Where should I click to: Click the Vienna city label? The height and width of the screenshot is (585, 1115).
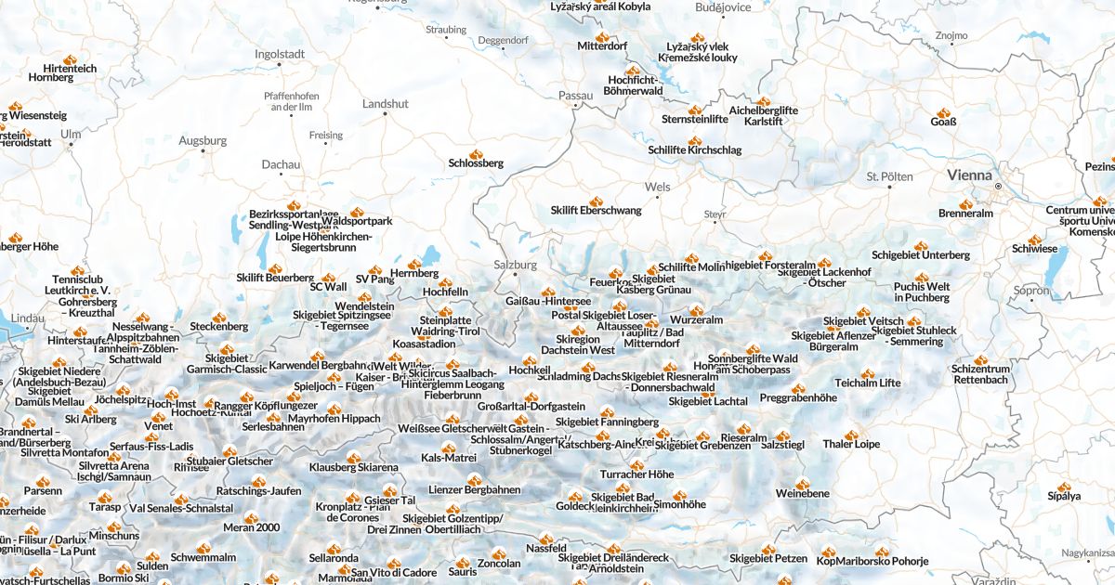click(969, 175)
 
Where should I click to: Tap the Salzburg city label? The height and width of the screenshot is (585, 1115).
click(515, 265)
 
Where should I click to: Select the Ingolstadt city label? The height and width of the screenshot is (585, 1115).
click(280, 54)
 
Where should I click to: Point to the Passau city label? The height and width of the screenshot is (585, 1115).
click(575, 95)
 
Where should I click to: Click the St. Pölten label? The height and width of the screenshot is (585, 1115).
click(889, 176)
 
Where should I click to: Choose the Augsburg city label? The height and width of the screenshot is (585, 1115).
click(203, 141)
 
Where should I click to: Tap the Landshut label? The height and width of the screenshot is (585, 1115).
click(385, 104)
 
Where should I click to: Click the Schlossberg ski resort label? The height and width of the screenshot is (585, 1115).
click(476, 163)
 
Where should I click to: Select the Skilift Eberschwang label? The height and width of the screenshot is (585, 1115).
click(596, 211)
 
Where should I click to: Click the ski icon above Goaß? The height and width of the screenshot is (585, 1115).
click(944, 110)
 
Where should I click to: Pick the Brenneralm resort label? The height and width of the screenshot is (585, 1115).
click(965, 214)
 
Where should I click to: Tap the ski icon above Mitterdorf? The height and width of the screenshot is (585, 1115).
click(602, 36)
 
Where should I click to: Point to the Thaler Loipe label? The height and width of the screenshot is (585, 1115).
click(850, 444)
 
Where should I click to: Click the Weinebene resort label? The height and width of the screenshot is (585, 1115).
click(803, 493)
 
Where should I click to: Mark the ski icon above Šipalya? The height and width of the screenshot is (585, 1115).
click(1064, 485)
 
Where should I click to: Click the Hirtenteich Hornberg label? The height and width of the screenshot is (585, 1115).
click(76, 72)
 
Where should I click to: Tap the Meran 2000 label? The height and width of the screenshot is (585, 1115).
click(251, 527)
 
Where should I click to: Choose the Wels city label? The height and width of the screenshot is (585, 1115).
click(657, 187)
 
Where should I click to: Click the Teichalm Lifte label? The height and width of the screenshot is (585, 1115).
click(867, 383)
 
